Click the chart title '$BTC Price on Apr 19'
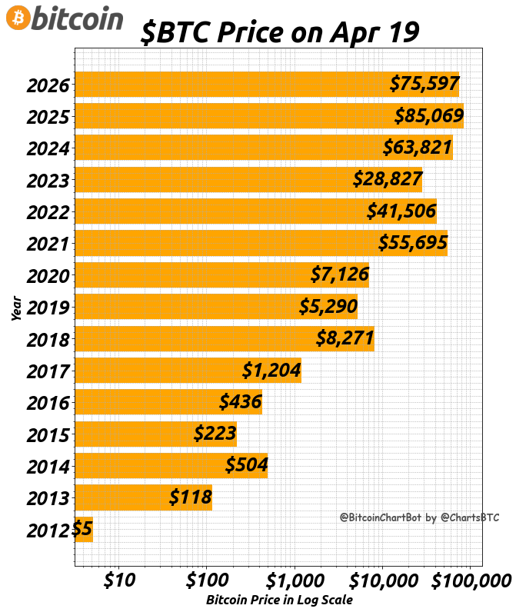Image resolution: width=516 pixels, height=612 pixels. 280,32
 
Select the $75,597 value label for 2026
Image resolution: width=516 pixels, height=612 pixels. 424,84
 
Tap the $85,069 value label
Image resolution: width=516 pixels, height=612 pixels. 428,116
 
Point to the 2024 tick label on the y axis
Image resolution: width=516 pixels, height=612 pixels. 48,148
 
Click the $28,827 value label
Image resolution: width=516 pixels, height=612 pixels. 388,179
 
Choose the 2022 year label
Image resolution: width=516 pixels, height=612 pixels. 48,212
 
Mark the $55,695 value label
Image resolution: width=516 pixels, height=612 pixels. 412,243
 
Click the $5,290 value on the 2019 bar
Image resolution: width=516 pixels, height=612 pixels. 328,307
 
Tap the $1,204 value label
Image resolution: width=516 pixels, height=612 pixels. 271,371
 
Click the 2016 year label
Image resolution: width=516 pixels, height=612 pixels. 48,403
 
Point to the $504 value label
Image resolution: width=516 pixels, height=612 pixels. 246,465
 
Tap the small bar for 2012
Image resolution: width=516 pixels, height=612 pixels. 84,529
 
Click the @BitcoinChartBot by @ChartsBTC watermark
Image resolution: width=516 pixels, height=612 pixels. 419,517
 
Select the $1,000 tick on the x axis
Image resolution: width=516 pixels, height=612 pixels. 294,578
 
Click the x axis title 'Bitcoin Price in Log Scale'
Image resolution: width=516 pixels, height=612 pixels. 279,600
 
